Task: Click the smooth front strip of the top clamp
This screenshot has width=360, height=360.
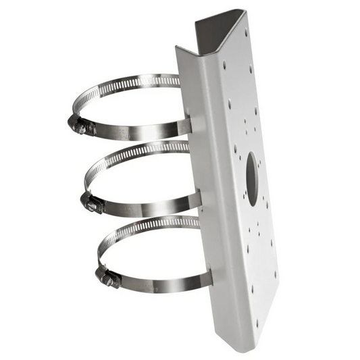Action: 142,130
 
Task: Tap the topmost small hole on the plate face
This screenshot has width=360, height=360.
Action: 246,32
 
